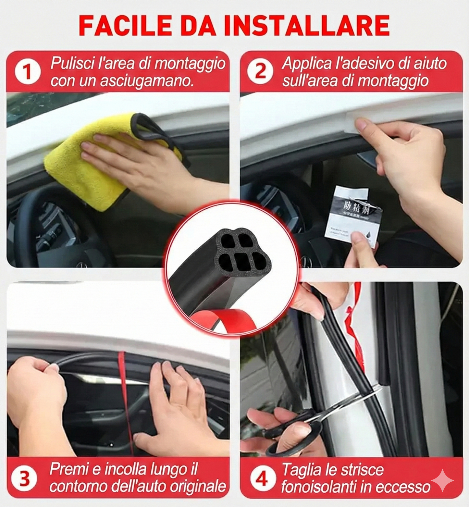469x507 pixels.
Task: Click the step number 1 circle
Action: tap(28, 72)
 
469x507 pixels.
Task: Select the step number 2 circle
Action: tap(260, 71)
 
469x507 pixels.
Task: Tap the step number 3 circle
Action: tap(24, 478)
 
